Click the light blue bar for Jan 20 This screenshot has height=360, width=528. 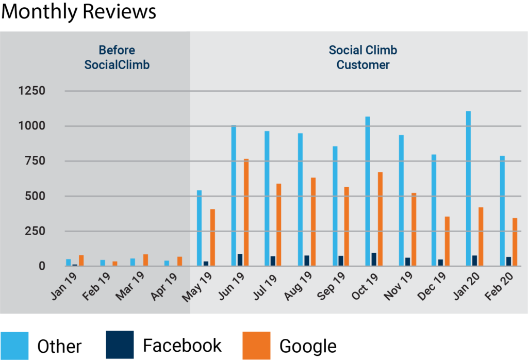click(468, 188)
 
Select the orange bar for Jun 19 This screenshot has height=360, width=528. click(246, 212)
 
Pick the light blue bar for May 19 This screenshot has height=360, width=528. click(200, 228)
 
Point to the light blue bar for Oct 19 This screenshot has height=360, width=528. click(368, 191)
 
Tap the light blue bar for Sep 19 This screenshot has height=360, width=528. click(335, 206)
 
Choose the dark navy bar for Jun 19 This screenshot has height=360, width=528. click(240, 260)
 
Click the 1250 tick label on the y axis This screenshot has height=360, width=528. click(32, 91)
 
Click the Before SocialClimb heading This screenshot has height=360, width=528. click(117, 57)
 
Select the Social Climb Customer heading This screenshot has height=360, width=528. click(363, 57)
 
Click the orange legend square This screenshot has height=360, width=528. click(256, 345)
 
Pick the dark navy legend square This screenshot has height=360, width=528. click(120, 345)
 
